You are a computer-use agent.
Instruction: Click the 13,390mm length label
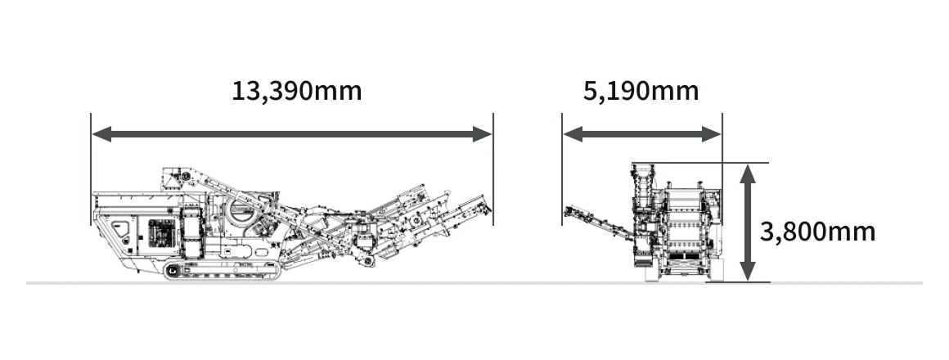tap(296, 91)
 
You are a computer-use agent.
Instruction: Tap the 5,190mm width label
tap(641, 91)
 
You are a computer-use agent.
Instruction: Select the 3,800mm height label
tap(817, 232)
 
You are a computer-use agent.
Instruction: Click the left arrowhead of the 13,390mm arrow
tap(101, 134)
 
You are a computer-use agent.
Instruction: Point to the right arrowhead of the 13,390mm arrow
tap(483, 134)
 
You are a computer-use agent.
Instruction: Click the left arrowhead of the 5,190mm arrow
tap(573, 134)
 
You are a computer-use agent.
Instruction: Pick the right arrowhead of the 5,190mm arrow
tap(712, 134)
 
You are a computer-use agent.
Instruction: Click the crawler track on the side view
tap(223, 272)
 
